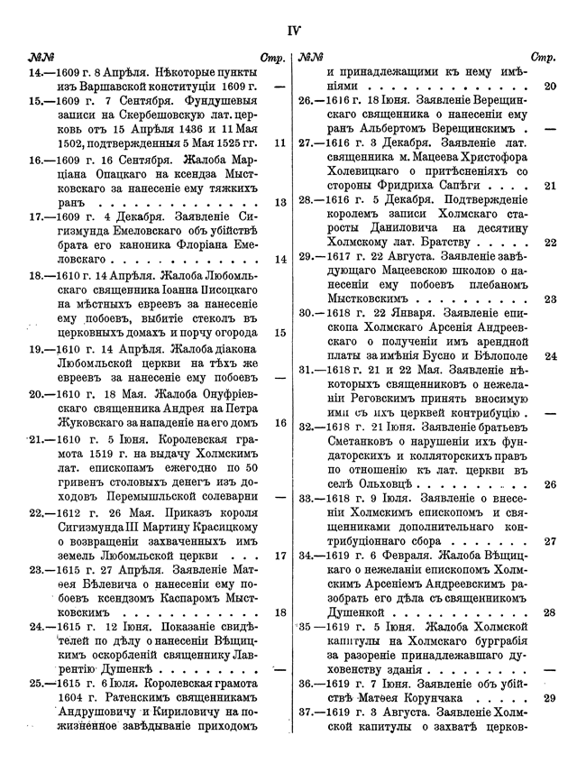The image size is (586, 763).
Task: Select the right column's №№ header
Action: tap(311, 57)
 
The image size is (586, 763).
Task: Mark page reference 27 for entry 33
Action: tap(551, 542)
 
